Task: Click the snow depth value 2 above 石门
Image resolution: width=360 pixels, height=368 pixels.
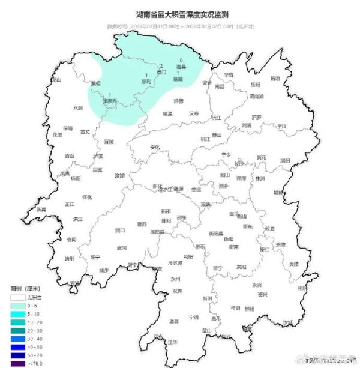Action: click(161, 65)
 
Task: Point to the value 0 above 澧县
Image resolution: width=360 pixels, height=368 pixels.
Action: click(181, 60)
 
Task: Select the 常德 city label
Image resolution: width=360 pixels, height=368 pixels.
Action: click(178, 101)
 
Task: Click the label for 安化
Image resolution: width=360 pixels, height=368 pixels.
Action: click(155, 147)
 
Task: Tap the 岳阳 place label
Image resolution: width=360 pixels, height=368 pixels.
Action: click(256, 85)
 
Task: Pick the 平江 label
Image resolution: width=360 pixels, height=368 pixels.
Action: click(282, 127)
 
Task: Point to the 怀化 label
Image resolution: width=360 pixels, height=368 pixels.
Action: click(87, 197)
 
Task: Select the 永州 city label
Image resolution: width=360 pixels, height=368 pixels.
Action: click(175, 279)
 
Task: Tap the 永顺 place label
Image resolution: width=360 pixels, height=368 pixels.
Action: click(78, 108)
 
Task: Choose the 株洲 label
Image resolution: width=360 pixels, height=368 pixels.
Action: click(260, 178)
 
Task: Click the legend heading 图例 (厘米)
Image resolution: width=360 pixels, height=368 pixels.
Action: click(25, 289)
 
